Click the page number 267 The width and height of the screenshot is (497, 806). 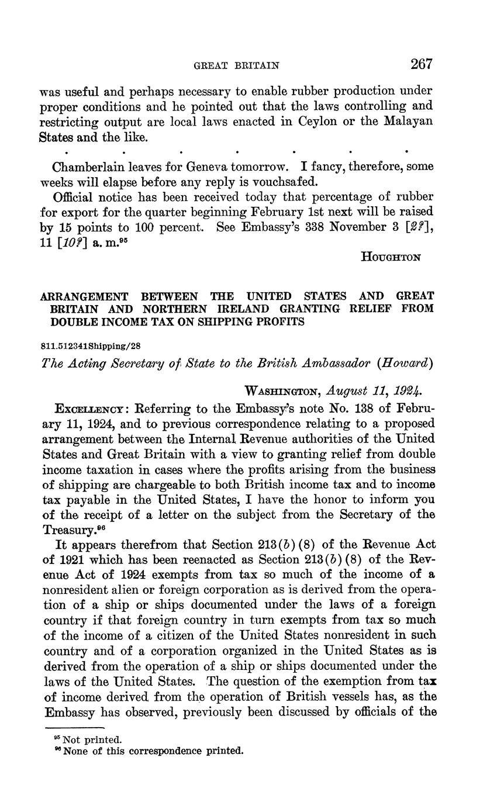pyautogui.click(x=422, y=64)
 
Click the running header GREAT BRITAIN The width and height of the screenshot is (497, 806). pyautogui.click(x=236, y=66)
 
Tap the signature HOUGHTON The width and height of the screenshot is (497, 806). pyautogui.click(x=391, y=256)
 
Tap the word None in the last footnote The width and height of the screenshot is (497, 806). pyautogui.click(x=76, y=751)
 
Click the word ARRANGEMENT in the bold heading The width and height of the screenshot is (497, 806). pyautogui.click(x=88, y=296)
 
